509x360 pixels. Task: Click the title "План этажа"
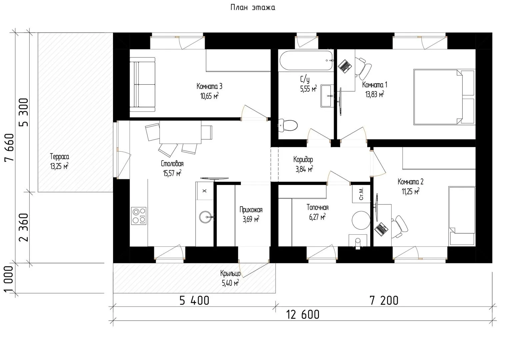(253, 7)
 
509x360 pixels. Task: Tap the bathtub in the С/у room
(306, 60)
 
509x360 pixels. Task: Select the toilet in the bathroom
(288, 125)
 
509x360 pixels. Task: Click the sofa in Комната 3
(142, 85)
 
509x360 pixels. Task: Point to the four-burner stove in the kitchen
(139, 216)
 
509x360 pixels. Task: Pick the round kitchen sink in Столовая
(206, 217)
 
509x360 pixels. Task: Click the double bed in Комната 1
(444, 97)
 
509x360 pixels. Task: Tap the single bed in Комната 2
(462, 216)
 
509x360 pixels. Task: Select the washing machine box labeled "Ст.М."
(361, 194)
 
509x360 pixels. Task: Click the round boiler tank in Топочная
(361, 220)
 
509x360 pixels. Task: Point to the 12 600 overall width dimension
(303, 315)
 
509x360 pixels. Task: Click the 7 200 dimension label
(384, 300)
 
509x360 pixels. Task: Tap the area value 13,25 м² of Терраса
(59, 166)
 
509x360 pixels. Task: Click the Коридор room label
(303, 160)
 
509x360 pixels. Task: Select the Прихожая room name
(251, 210)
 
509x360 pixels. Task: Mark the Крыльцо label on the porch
(230, 273)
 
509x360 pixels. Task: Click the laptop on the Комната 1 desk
(345, 66)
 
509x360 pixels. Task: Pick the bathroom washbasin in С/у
(327, 96)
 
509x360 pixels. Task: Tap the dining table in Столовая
(180, 132)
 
